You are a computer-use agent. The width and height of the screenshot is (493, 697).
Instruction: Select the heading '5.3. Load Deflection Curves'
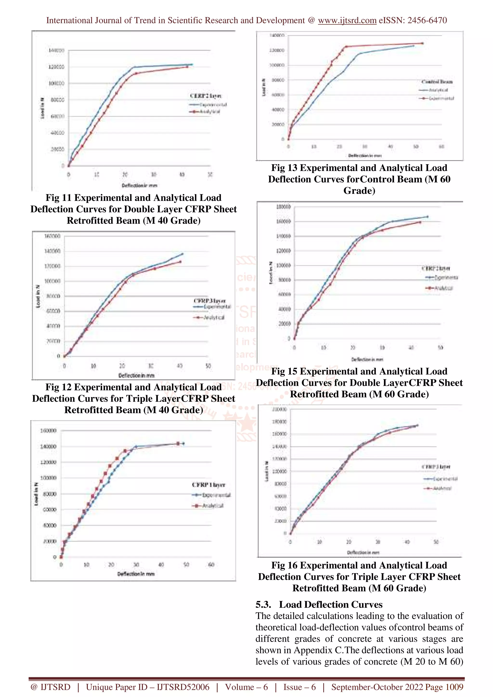point(319,604)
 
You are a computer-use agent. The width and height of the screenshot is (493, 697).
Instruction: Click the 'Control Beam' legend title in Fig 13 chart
point(437,82)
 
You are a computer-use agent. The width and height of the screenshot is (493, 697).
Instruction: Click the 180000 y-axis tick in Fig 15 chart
point(284,207)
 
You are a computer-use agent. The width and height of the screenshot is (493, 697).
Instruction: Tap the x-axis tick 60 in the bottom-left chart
point(211,565)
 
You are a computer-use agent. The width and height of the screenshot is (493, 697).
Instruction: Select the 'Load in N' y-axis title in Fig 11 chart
point(42,108)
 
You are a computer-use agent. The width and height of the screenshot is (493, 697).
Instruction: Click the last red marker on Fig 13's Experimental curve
point(422,43)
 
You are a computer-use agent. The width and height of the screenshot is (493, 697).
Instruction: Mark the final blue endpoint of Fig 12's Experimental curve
point(182,254)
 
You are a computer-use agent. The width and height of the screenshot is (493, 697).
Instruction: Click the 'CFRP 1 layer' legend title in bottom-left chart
point(208,485)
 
